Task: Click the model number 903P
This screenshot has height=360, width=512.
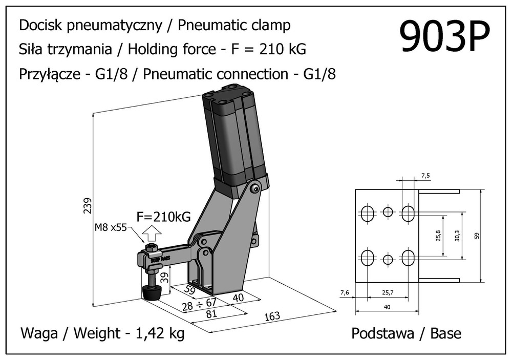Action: [444, 37]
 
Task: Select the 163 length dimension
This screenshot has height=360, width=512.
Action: [272, 316]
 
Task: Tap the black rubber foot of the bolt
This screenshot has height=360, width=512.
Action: [152, 293]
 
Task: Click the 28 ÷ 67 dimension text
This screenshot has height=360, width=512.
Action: [199, 306]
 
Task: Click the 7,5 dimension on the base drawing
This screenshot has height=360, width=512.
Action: [426, 176]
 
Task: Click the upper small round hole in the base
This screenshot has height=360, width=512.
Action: [388, 212]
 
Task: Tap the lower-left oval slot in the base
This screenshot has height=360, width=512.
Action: [368, 257]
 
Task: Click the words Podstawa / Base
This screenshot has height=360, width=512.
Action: [406, 334]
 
